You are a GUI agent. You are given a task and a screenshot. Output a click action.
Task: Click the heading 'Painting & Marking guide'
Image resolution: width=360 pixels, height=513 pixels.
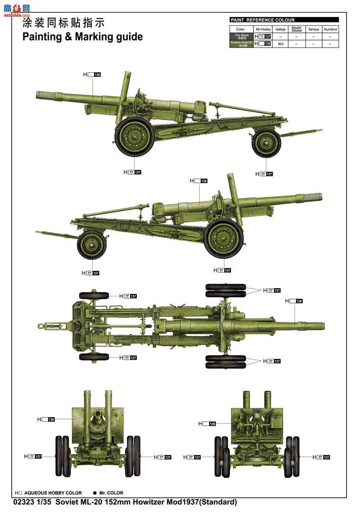pyautogui.click(x=82, y=37)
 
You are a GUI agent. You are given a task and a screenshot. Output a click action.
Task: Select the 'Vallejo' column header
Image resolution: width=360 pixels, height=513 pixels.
pyautogui.click(x=280, y=29)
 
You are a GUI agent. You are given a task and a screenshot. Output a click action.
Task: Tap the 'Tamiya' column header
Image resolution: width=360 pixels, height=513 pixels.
pyautogui.click(x=313, y=29)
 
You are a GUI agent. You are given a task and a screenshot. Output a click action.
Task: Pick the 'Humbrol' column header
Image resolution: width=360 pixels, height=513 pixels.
pyautogui.click(x=330, y=29)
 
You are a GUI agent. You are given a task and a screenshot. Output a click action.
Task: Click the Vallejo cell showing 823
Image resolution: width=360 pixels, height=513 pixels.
pyautogui.click(x=280, y=44)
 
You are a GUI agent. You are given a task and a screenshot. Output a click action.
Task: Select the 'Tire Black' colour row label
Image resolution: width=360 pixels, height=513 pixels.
pyautogui.click(x=241, y=36)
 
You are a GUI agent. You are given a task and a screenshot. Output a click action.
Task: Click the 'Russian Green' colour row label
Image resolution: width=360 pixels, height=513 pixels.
pyautogui.click(x=241, y=44)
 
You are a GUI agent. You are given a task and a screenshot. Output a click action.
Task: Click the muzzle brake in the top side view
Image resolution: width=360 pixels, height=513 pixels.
pyautogui.click(x=45, y=95)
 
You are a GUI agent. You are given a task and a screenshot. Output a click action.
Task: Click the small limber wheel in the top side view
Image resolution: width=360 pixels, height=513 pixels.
pyautogui.click(x=266, y=143)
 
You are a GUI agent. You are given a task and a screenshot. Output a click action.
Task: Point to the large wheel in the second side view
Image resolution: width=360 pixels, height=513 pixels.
pyautogui.click(x=223, y=238)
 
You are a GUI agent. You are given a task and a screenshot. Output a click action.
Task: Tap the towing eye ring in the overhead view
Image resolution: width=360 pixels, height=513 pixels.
pyautogui.click(x=41, y=326)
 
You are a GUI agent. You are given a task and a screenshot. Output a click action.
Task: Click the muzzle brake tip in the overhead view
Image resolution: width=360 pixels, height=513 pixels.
pyautogui.click(x=317, y=326)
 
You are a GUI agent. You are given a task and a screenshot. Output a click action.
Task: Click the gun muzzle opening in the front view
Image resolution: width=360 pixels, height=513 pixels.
pyautogui.click(x=97, y=417)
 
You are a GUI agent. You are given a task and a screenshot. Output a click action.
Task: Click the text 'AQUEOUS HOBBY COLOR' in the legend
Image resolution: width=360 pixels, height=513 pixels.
pyautogui.click(x=53, y=493)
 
